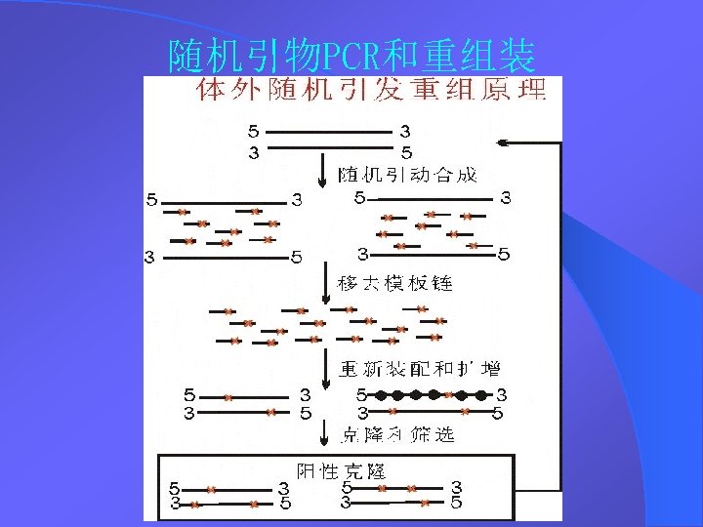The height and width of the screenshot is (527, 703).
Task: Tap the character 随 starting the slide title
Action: tap(186, 57)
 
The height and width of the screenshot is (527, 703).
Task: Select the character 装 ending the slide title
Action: tap(517, 57)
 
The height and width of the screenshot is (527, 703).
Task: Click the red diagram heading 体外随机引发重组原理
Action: tap(371, 91)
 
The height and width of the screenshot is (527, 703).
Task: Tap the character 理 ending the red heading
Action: tap(532, 91)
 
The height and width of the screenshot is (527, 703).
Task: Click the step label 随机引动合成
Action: tap(407, 175)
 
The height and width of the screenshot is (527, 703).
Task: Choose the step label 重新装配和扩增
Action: tap(420, 369)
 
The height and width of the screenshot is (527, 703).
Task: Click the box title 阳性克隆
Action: tap(341, 471)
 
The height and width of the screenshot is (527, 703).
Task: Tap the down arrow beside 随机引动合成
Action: tap(323, 174)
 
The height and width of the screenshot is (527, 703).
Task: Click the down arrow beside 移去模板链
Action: tap(324, 283)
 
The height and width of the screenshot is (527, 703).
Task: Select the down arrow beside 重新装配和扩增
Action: tap(324, 368)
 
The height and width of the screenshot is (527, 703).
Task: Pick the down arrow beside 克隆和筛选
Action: tap(324, 433)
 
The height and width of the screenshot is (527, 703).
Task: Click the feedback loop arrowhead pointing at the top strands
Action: tap(503, 143)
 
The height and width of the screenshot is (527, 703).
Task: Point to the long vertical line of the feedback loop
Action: tap(561, 312)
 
